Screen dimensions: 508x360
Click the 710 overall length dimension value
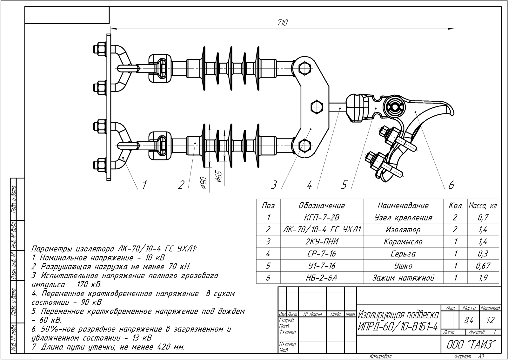pos(283,23)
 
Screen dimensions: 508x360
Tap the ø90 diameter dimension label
pos(204,183)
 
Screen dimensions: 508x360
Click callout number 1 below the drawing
pos(144,185)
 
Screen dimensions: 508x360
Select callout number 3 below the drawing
pos(274,185)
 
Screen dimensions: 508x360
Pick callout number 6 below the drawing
pos(451,185)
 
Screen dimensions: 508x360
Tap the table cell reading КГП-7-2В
pos(322,217)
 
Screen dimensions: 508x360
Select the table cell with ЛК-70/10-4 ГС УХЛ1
pos(322,229)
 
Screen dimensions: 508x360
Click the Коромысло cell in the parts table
pos(403,241)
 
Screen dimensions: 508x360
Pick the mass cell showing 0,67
pos(483,266)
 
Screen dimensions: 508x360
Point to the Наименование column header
pos(403,206)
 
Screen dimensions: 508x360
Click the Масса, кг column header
pos(483,206)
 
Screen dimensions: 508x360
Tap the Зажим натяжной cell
pos(403,278)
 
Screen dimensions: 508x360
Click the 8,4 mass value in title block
pos(469,320)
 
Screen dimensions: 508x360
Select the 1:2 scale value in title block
pos(490,320)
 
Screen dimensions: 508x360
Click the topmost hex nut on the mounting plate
pos(99,49)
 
